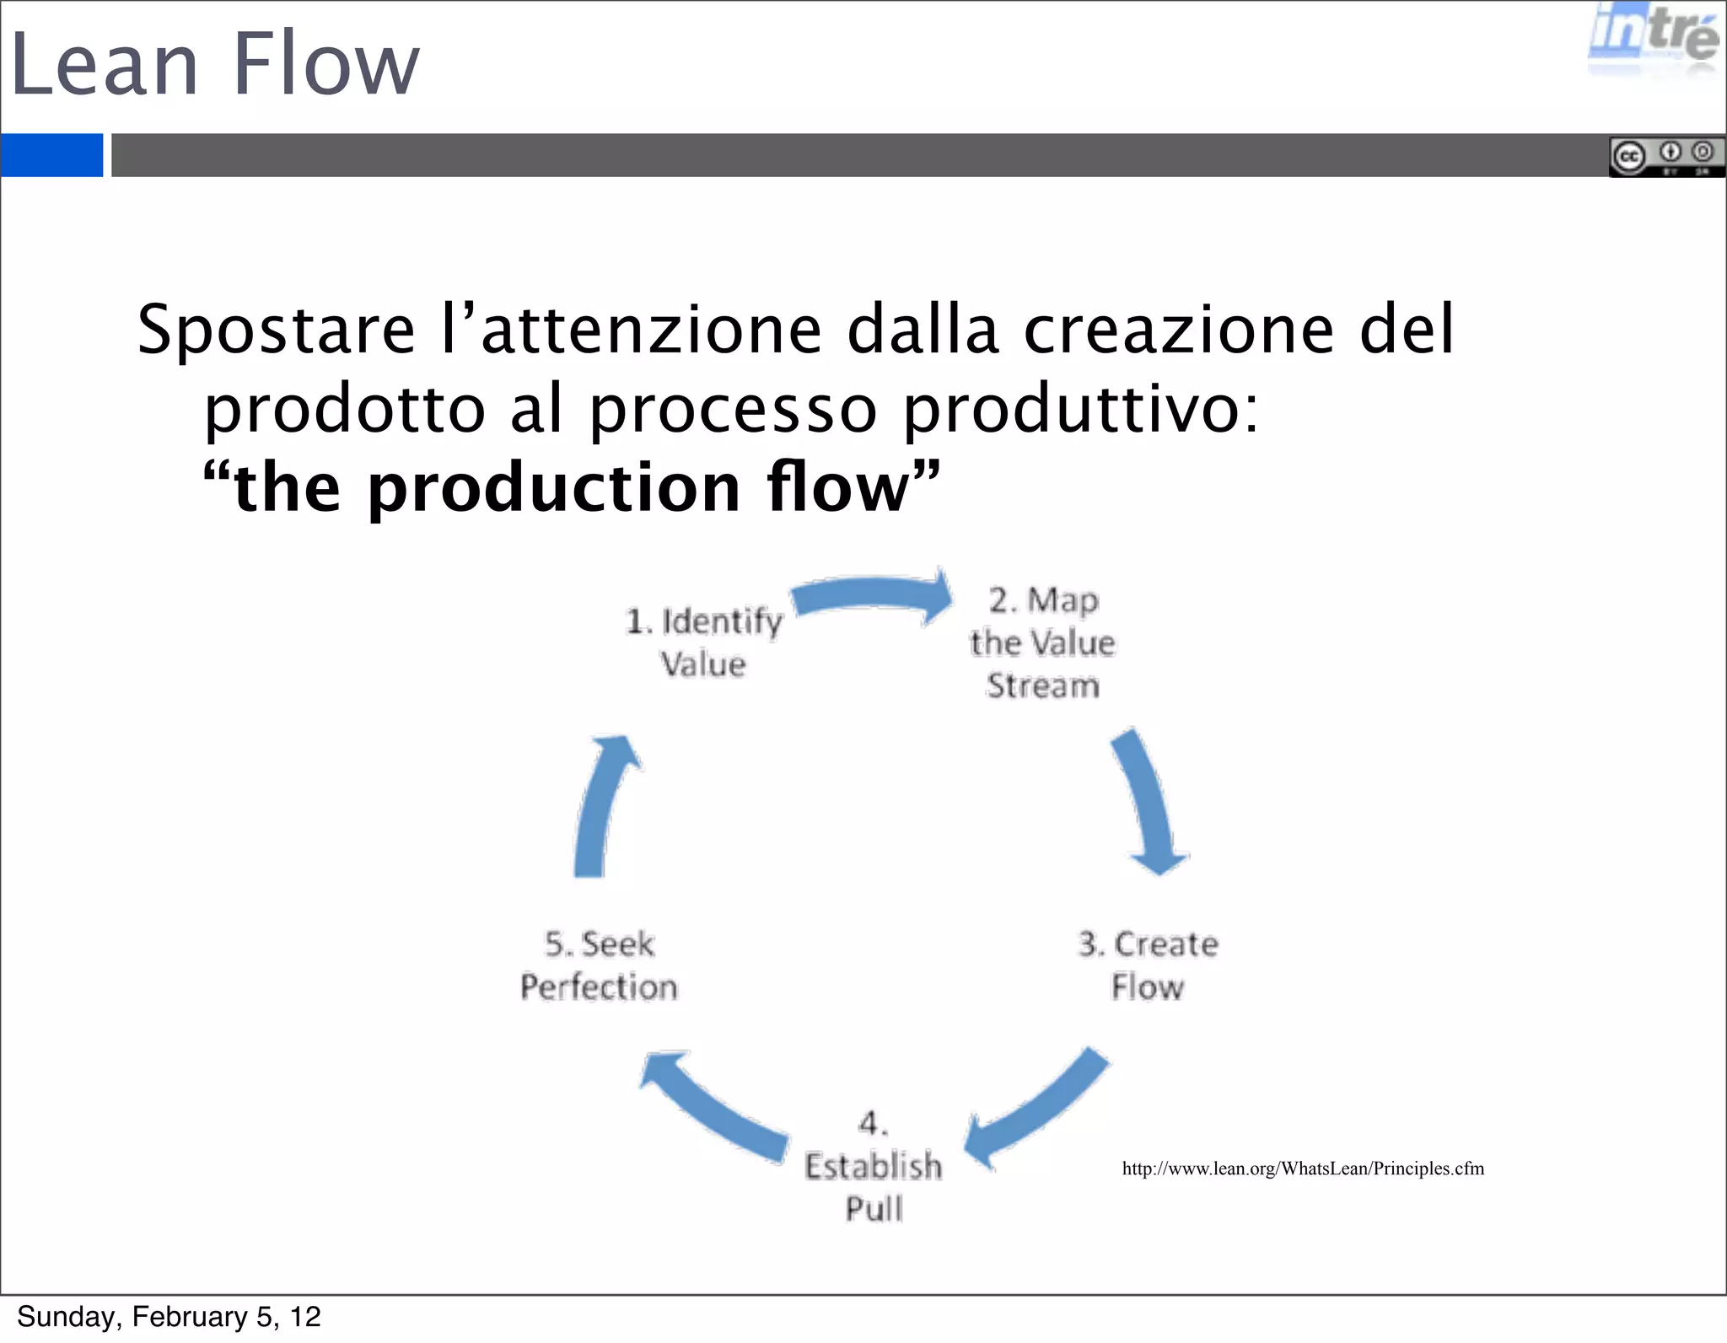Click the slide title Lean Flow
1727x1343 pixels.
pos(215,64)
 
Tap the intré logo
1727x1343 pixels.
pos(1652,38)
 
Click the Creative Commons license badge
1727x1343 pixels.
pos(1665,156)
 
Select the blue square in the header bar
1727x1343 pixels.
pos(51,155)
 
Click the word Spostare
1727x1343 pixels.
pos(277,330)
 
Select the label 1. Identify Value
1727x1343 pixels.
pos(704,642)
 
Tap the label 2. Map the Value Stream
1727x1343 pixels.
pos(1043,642)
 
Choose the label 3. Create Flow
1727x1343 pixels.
pos(1148,965)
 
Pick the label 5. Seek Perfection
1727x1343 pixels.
pos(599,965)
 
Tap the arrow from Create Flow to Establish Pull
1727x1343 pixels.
pos(1037,1109)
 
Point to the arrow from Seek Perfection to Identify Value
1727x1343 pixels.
pos(600,805)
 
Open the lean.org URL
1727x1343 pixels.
pos(1303,1168)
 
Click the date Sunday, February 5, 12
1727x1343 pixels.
pos(169,1317)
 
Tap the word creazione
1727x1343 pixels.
pos(1179,330)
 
